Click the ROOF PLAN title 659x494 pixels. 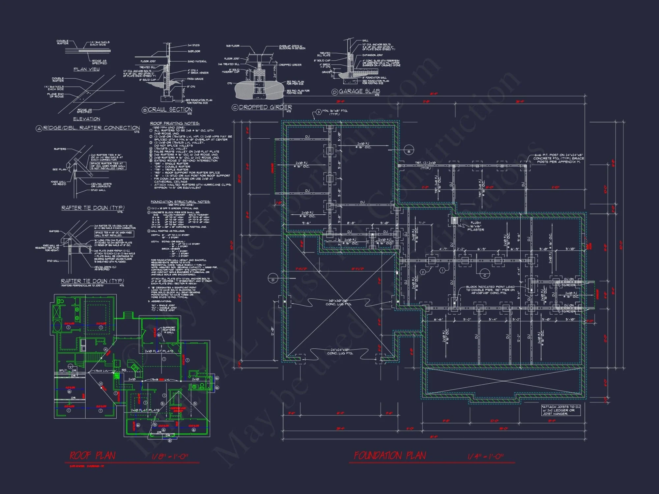point(92,456)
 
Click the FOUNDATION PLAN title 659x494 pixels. point(390,456)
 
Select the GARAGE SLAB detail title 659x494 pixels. point(359,91)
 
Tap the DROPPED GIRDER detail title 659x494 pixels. point(265,107)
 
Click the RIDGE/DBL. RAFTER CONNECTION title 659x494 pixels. point(91,128)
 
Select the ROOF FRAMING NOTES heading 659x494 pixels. point(175,123)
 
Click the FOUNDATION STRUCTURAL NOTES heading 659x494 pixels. point(180,202)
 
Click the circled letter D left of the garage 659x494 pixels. point(273,280)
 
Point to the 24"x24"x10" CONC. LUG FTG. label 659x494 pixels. point(340,352)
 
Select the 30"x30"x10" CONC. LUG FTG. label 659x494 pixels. point(338,302)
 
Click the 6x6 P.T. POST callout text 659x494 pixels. point(559,158)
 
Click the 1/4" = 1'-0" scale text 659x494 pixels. point(485,456)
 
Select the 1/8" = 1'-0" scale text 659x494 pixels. point(170,456)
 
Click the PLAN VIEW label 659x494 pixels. point(86,69)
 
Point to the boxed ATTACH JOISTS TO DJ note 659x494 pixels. point(561,410)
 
